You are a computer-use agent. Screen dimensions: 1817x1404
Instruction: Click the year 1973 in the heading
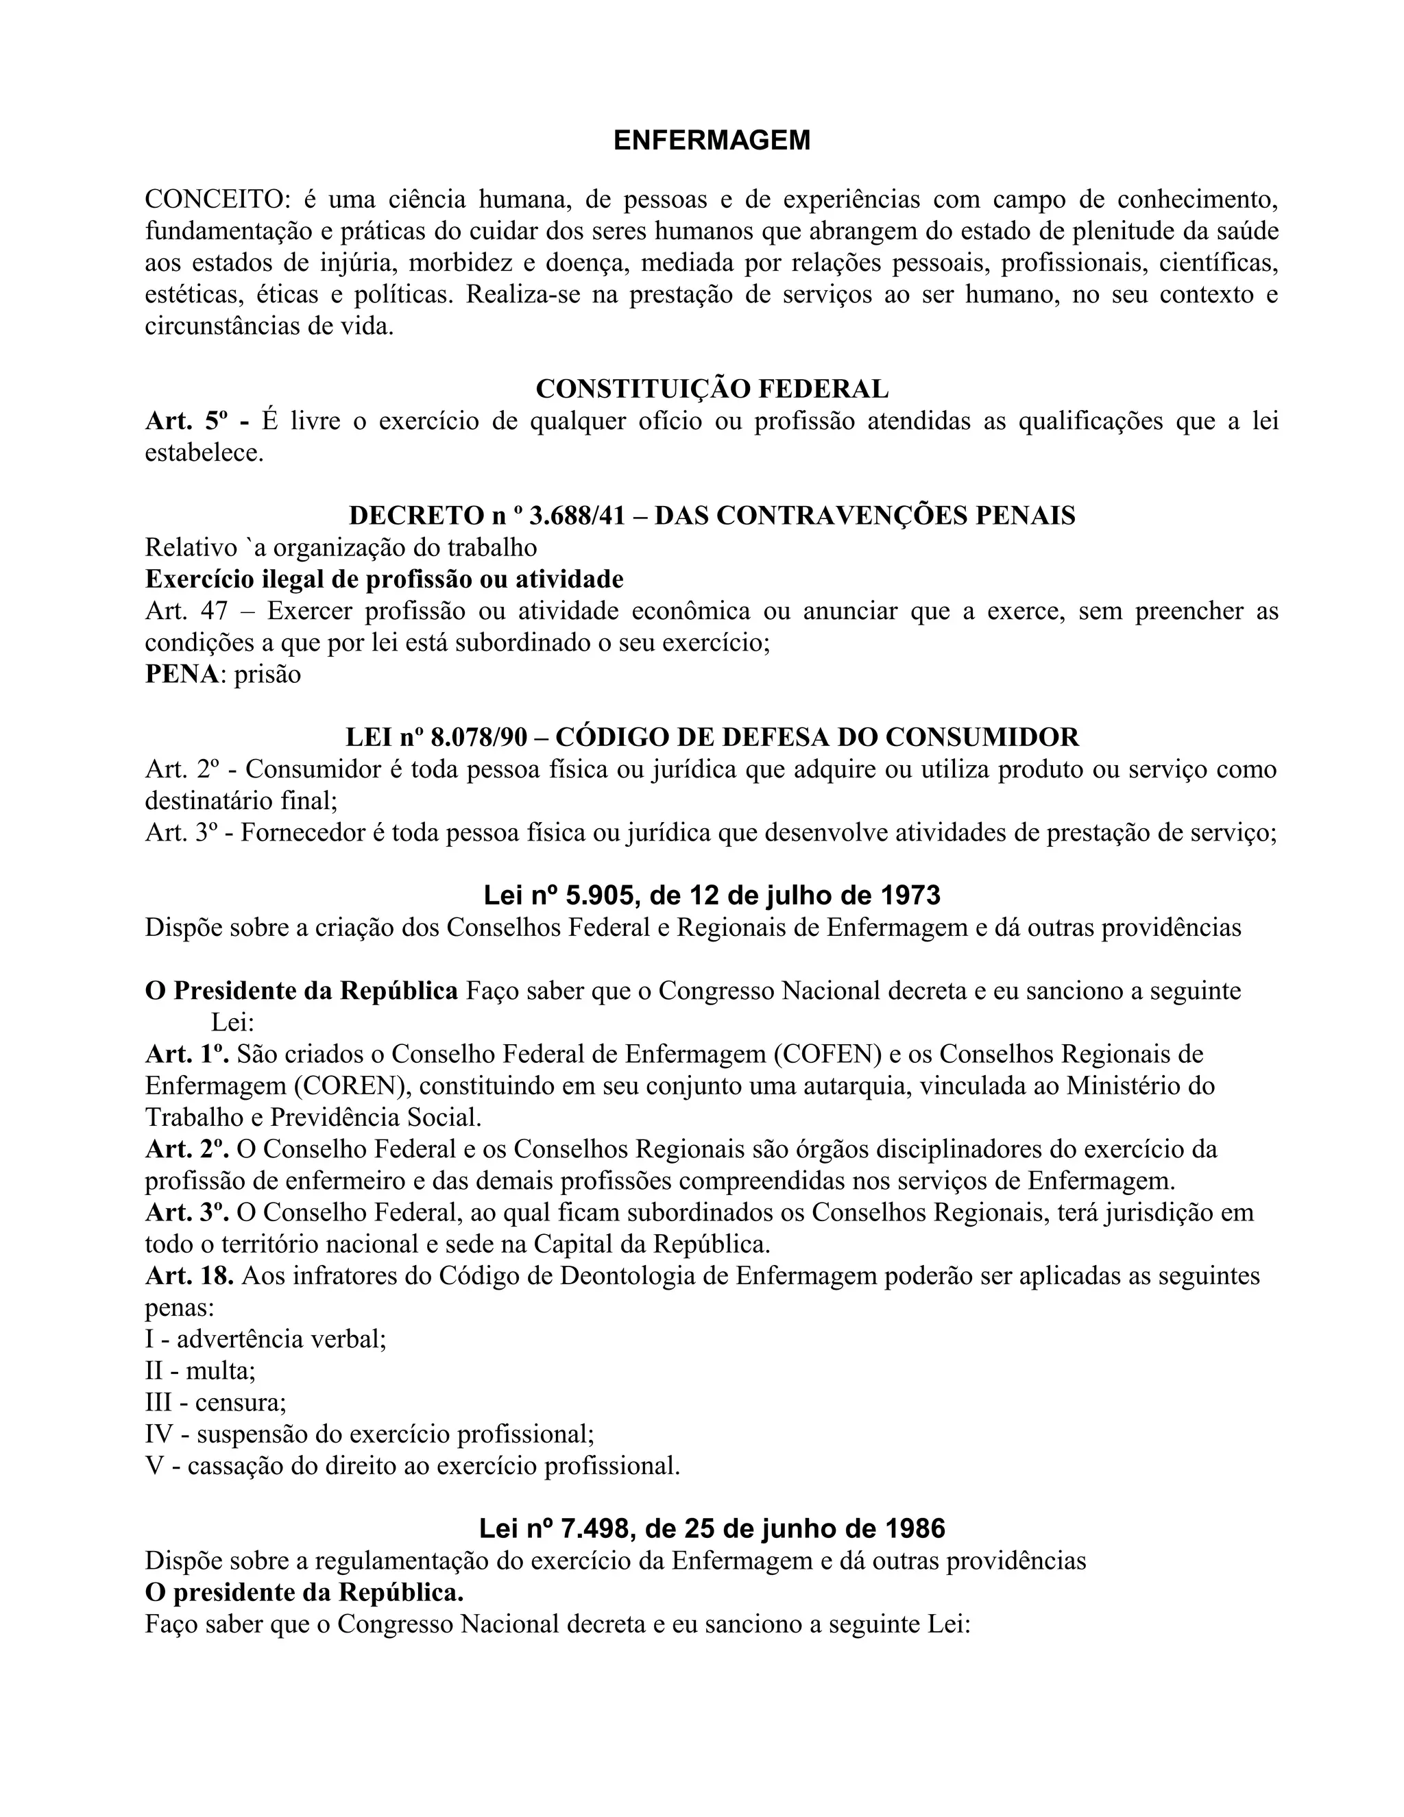(x=909, y=895)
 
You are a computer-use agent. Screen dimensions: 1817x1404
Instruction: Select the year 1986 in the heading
(x=913, y=1528)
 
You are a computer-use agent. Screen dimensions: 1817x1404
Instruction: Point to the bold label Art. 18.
(x=189, y=1275)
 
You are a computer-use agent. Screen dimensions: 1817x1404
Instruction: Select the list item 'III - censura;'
(x=215, y=1402)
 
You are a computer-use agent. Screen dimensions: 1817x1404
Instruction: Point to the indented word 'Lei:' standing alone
(x=232, y=1022)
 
